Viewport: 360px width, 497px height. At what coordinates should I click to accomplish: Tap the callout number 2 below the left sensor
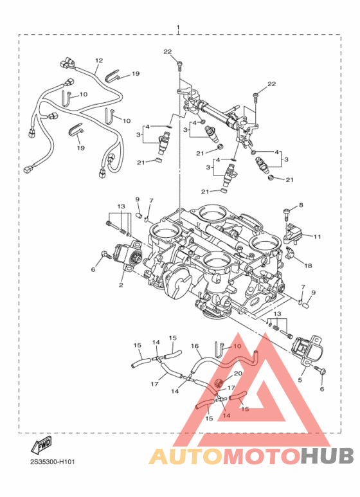click(120, 284)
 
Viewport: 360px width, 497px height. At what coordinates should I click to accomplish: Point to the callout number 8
click(299, 205)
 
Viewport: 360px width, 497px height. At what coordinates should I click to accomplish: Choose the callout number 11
click(317, 237)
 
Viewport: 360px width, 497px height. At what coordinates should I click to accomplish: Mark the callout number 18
click(308, 265)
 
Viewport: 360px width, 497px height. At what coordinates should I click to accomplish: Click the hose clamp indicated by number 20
click(220, 384)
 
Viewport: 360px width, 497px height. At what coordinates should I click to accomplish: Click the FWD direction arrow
click(40, 446)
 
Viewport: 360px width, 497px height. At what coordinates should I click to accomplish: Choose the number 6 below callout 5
click(322, 389)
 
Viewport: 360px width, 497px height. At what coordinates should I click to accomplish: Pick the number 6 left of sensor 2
click(93, 270)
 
